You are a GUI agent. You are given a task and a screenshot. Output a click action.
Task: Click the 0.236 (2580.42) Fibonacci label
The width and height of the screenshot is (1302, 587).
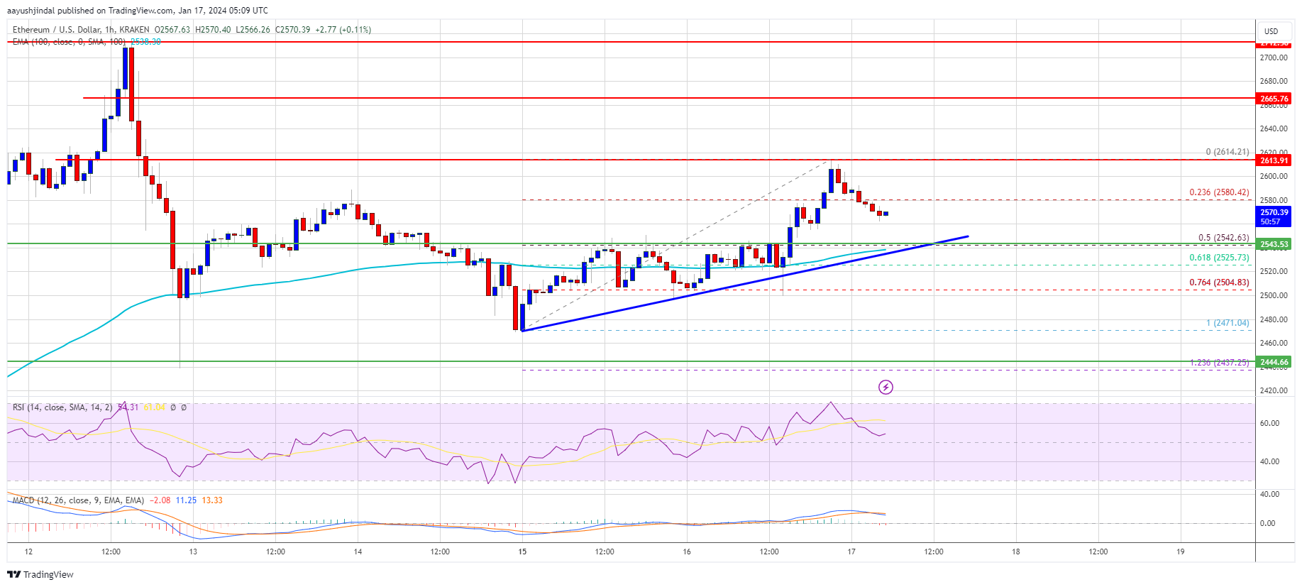tap(1219, 192)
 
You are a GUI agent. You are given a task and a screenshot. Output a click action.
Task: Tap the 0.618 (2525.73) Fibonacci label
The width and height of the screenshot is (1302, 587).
tap(1219, 258)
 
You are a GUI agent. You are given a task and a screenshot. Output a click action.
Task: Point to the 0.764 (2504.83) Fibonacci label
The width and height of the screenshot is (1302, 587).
tap(1219, 282)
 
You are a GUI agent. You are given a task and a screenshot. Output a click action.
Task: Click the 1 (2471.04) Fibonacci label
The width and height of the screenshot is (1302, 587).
tap(1227, 323)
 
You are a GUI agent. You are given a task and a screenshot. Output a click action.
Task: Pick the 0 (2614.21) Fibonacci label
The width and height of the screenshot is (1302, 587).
tap(1227, 152)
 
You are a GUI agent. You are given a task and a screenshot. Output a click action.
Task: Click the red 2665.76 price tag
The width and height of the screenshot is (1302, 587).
tap(1274, 99)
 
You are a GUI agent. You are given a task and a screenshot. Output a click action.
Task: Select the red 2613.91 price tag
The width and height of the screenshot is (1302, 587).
tap(1274, 160)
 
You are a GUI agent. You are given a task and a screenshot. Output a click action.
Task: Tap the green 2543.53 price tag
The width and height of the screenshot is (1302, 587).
tap(1274, 244)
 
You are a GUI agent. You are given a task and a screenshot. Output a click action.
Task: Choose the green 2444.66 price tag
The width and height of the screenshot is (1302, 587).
tap(1274, 362)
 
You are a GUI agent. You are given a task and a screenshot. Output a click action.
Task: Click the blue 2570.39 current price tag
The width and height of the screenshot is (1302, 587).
tap(1274, 216)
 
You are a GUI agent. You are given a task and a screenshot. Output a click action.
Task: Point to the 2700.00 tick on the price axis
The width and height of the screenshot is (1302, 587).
tap(1273, 58)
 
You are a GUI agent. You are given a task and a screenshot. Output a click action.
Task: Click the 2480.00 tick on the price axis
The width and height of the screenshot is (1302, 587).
tap(1273, 319)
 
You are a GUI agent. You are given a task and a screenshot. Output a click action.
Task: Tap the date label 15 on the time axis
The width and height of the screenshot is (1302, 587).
tap(522, 552)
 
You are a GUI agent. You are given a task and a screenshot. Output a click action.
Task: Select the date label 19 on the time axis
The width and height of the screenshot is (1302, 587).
tap(1180, 552)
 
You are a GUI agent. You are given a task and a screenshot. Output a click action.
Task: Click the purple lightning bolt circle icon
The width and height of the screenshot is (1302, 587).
tap(886, 387)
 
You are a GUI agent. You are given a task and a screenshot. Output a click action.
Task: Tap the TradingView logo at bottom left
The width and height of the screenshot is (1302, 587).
tap(40, 574)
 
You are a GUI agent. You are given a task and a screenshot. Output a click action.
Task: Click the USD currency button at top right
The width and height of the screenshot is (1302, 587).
tap(1271, 31)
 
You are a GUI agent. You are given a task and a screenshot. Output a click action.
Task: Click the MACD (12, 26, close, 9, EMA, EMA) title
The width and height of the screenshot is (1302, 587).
tap(78, 500)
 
